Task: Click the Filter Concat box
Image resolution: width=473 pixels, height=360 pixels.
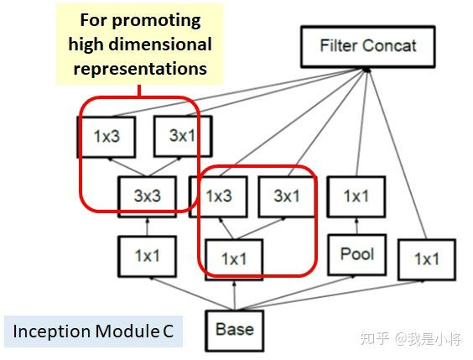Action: [366, 45]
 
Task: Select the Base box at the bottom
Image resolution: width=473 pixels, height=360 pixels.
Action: [234, 329]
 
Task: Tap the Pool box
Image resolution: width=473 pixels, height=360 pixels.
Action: [356, 253]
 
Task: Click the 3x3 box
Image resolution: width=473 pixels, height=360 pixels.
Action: [147, 196]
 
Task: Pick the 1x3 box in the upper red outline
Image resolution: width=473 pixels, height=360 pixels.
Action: [107, 136]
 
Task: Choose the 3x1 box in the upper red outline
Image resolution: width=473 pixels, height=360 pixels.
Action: [182, 136]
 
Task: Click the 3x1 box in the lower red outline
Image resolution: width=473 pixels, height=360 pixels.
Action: [286, 196]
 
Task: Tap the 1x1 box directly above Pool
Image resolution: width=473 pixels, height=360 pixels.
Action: [356, 196]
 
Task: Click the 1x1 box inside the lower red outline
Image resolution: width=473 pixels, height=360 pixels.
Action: [233, 259]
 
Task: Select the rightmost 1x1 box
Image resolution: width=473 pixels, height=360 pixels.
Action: [426, 259]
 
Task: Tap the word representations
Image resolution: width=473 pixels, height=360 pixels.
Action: [139, 69]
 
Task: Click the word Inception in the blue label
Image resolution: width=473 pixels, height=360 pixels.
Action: [46, 331]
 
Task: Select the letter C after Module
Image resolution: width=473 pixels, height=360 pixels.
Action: [168, 331]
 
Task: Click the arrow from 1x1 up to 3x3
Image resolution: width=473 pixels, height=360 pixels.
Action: [147, 227]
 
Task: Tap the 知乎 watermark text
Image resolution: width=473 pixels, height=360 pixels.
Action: [375, 338]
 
